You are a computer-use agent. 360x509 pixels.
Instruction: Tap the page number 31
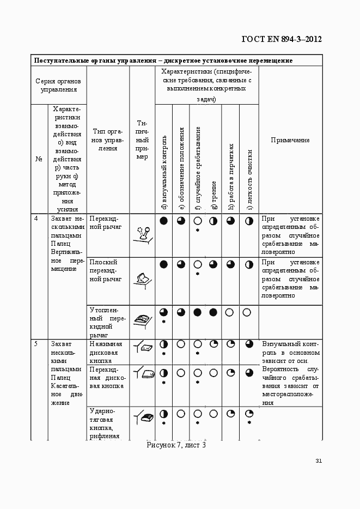(319, 461)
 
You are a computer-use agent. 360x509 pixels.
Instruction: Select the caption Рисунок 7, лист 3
(176, 445)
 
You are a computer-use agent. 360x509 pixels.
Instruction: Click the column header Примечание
(290, 140)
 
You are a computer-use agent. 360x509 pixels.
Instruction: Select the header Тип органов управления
(108, 140)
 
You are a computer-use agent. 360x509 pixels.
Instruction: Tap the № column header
(39, 159)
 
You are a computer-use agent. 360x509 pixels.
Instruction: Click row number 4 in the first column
(36, 219)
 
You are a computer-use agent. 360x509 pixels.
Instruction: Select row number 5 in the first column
(36, 344)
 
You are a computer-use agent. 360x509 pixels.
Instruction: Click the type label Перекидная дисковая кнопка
(106, 378)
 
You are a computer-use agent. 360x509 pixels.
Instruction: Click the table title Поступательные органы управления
(163, 60)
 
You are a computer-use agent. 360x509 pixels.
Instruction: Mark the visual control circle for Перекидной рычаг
(163, 221)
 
